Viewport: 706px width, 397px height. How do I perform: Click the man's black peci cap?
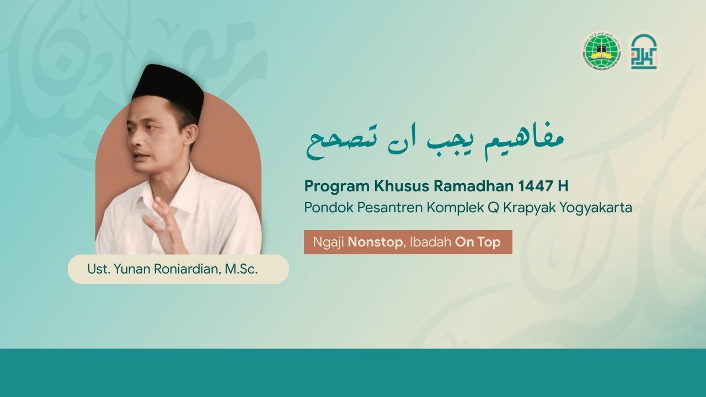pos(169,88)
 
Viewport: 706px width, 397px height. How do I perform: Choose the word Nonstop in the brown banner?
pos(375,243)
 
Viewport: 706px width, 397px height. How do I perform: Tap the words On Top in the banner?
pos(478,243)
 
